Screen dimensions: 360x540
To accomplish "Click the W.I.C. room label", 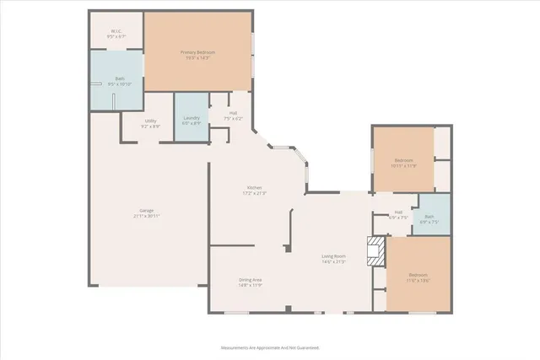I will click(x=116, y=32).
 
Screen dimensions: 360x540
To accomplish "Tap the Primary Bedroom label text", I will click(x=200, y=52).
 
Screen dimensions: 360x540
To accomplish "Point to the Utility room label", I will click(x=151, y=120).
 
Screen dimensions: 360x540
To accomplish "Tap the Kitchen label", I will click(x=254, y=187).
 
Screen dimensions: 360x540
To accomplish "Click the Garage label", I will click(x=147, y=210).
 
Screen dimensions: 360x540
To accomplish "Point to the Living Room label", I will click(x=333, y=255).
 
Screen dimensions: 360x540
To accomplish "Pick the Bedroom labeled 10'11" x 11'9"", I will click(x=403, y=160).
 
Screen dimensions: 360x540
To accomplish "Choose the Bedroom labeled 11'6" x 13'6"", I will click(x=418, y=275).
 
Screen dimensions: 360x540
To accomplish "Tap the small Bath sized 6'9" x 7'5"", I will click(x=429, y=218).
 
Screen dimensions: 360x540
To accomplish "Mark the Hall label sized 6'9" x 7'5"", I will click(x=398, y=212).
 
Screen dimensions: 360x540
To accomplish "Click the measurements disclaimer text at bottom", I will click(x=269, y=347).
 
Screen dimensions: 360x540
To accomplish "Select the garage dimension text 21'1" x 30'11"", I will click(x=147, y=216).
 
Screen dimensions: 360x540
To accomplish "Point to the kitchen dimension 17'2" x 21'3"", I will click(x=254, y=193).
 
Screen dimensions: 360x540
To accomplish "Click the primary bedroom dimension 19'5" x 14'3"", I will click(x=200, y=58).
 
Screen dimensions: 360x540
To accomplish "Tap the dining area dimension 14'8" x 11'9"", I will click(x=250, y=285).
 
